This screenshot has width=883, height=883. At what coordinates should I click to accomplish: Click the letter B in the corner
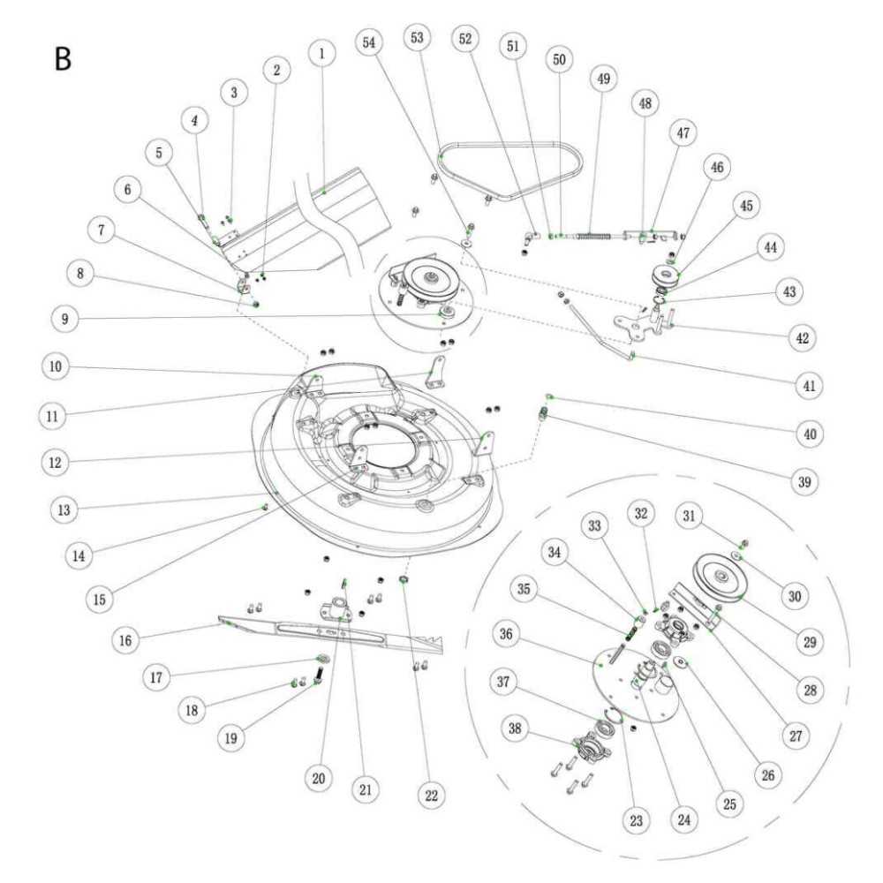click(x=63, y=58)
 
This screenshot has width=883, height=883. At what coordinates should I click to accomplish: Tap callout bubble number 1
click(x=322, y=53)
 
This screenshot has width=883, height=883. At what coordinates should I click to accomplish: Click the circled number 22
click(x=431, y=795)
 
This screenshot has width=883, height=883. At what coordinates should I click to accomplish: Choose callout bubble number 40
click(x=811, y=434)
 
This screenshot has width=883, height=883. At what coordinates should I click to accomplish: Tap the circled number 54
click(x=371, y=42)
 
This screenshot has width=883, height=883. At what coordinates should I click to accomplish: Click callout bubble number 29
click(x=810, y=642)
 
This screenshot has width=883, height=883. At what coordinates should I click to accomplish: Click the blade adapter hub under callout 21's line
click(x=339, y=609)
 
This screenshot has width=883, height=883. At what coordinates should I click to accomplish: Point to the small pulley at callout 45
click(x=663, y=275)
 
